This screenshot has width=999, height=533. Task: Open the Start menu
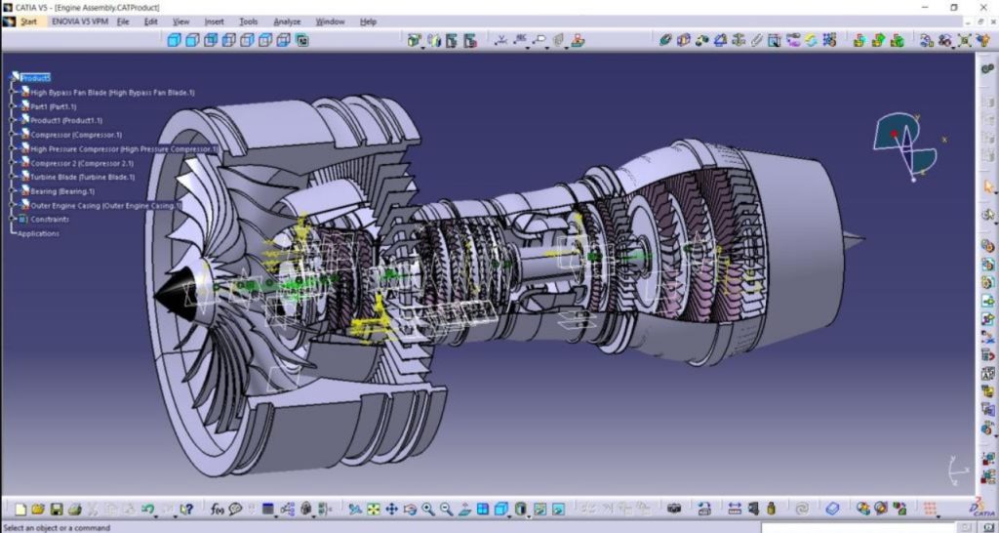27,21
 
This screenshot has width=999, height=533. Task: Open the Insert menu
214,21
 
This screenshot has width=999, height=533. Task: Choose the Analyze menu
287,21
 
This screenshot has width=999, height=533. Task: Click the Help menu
368,21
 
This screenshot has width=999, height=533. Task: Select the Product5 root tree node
35,78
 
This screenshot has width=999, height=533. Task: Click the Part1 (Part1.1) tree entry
54,106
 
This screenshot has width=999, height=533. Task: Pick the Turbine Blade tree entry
83,178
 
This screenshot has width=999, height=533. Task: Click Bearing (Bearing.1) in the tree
62,191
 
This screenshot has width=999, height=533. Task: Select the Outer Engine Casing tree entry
102,206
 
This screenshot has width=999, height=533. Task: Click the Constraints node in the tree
50,220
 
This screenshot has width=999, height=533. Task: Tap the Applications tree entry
38,233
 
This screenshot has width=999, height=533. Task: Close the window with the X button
983,7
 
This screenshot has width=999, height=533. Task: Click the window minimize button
925,7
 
